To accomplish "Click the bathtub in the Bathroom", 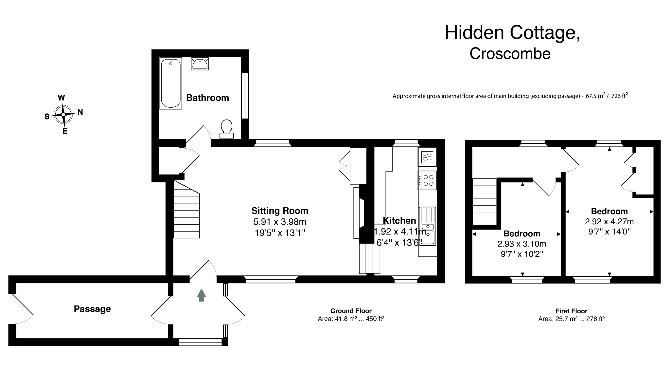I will pos(170,83).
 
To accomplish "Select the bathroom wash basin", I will pos(200,64).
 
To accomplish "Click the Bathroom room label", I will pos(207,98).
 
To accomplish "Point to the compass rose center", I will pos(63,114).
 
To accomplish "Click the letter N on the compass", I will pos(80,112).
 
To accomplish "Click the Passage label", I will pos(92,309).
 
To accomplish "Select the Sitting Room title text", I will pos(280,211).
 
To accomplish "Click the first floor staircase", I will pos(484,201).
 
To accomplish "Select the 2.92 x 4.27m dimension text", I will pos(609,221).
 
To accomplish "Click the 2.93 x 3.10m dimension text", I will pos(521,244).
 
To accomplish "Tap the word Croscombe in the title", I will pos(510,54).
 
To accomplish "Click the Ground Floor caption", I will pos(351,311).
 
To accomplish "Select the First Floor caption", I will pos(571,311).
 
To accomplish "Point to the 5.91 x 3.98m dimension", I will pos(280,222).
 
